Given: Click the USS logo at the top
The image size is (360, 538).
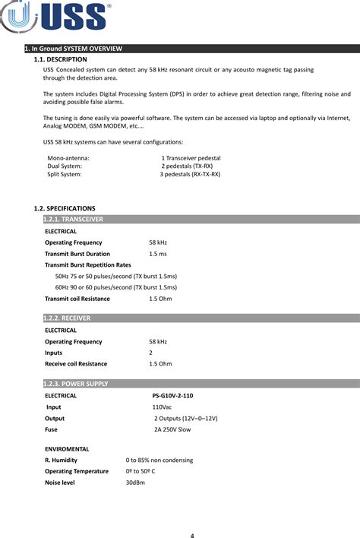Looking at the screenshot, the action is pos(57,17).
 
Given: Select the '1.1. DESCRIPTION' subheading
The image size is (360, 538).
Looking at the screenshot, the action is pos(61,59).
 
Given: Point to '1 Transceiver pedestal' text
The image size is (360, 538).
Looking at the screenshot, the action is pos(191,157).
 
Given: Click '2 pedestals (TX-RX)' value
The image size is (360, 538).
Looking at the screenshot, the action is pos(187,166).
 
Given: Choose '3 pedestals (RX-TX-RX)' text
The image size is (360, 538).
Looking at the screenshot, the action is pos(190,174).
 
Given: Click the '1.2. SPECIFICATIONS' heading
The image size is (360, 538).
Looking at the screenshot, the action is pos(65,207).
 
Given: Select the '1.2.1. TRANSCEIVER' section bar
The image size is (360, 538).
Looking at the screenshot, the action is pos(73,219).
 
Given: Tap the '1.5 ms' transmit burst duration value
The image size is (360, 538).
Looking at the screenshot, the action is pos(158,253).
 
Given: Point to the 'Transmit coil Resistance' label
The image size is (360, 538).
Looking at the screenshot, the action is pos(77,299).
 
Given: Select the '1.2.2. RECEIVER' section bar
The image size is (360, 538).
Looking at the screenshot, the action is pos(68,318).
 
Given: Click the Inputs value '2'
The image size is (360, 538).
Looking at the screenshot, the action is pos(151,353).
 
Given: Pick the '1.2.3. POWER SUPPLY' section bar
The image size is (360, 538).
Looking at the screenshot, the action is pos(76,384).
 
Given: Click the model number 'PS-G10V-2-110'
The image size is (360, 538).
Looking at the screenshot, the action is pos(172,395).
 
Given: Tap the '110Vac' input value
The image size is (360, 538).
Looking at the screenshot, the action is pos(162,407).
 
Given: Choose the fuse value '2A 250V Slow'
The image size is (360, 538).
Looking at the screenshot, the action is pos(172,429).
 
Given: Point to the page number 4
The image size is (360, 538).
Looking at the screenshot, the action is pos(192,535).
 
